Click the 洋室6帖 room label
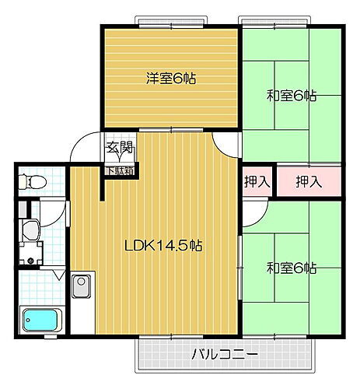pos(171,78)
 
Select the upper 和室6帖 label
pos(291,96)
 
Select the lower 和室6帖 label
pos(292,268)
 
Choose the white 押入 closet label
pos(257,182)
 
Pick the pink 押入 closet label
pos(309,182)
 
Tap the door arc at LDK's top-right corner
pos(225,143)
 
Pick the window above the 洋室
pos(170,20)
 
